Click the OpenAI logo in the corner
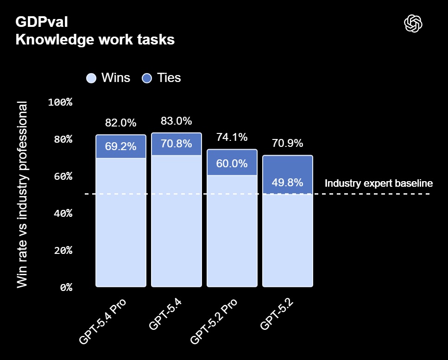pos(413,24)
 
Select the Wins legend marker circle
pos(91,78)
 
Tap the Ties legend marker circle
pos(147,78)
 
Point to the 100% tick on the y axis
pos(61,102)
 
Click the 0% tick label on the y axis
pos(66,287)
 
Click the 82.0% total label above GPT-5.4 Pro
pos(121,123)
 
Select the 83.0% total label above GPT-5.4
pos(176,121)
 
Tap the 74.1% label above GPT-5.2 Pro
pos(232,137)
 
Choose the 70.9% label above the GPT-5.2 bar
pos(287,143)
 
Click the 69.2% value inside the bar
pos(121,147)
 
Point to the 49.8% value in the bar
pos(287,182)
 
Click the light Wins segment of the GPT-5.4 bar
pos(176,222)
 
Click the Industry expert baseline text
pos(379,183)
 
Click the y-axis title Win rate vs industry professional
pos(22,195)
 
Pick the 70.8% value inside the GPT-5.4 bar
pos(176,144)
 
